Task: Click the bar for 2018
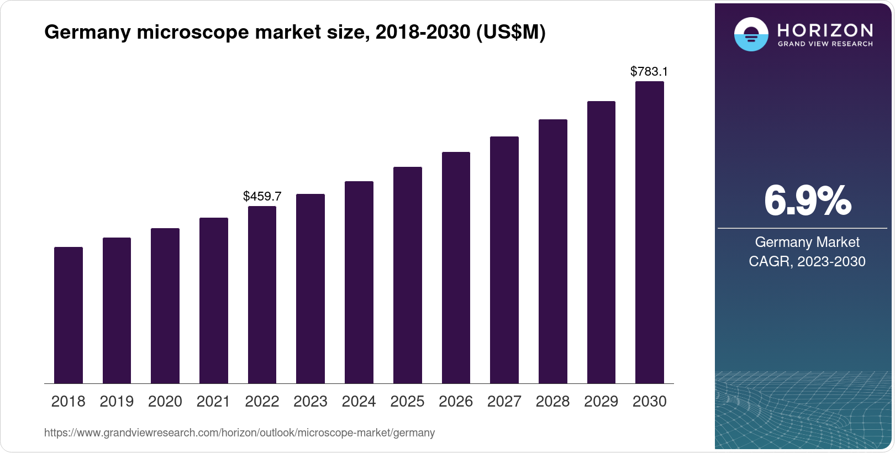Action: (x=69, y=315)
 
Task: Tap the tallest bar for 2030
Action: (x=650, y=232)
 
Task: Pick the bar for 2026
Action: (x=456, y=267)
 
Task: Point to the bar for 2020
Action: (x=165, y=305)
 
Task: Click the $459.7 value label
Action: (x=262, y=196)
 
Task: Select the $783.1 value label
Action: (x=649, y=71)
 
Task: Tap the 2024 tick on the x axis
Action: (x=359, y=402)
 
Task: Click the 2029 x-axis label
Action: (x=601, y=402)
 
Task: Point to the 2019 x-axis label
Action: (x=117, y=402)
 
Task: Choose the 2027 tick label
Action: (x=504, y=402)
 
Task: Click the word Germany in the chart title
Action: (x=87, y=33)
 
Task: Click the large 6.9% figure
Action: (x=807, y=201)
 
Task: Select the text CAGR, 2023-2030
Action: (x=807, y=261)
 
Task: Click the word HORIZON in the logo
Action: (x=825, y=30)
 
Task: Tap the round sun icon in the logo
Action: (x=751, y=34)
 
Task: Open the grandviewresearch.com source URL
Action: (x=239, y=433)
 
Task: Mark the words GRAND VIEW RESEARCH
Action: (x=825, y=44)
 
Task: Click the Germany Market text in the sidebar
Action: (x=807, y=242)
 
